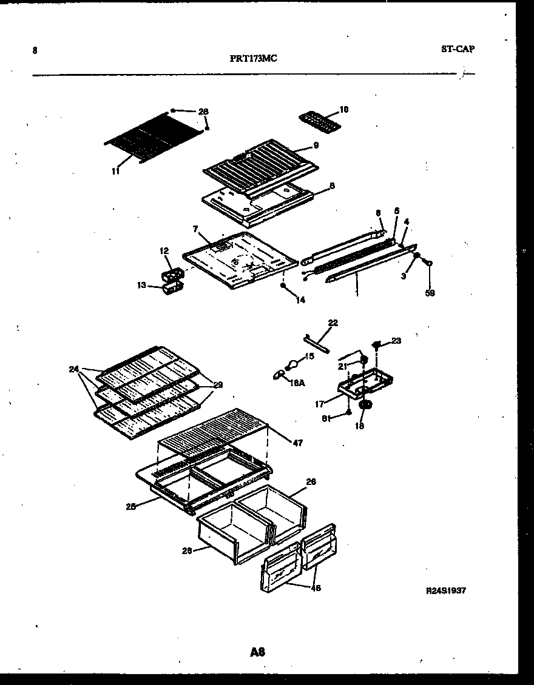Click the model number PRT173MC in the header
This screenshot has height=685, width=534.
pos(254,59)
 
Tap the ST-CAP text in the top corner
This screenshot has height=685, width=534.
pos(458,49)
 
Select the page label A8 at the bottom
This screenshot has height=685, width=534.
pos(257,652)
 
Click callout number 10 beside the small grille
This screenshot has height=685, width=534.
pos(343,110)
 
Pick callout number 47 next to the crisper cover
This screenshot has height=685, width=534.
pos(297,444)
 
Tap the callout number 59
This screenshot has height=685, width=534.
pos(430,293)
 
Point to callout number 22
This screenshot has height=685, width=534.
pos(333,323)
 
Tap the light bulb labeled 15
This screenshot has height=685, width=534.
pos(292,365)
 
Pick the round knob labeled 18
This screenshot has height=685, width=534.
pos(366,405)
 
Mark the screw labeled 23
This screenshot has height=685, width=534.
pos(377,345)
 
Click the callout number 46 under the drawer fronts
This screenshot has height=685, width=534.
pos(316,588)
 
